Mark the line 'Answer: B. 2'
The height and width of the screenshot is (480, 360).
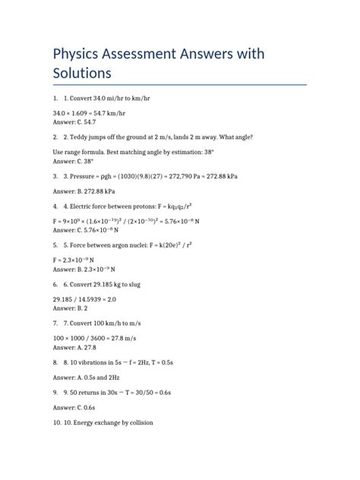(67, 309)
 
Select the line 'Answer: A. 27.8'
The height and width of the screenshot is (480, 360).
(74, 348)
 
